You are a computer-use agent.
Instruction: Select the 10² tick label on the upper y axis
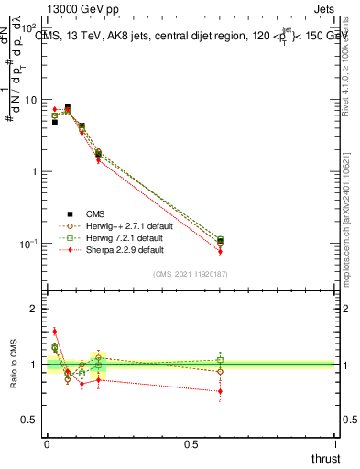[x=29, y=28]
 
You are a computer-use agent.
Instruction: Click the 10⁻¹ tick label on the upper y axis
[x=28, y=244]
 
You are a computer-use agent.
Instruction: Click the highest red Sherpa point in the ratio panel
[x=54, y=332]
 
